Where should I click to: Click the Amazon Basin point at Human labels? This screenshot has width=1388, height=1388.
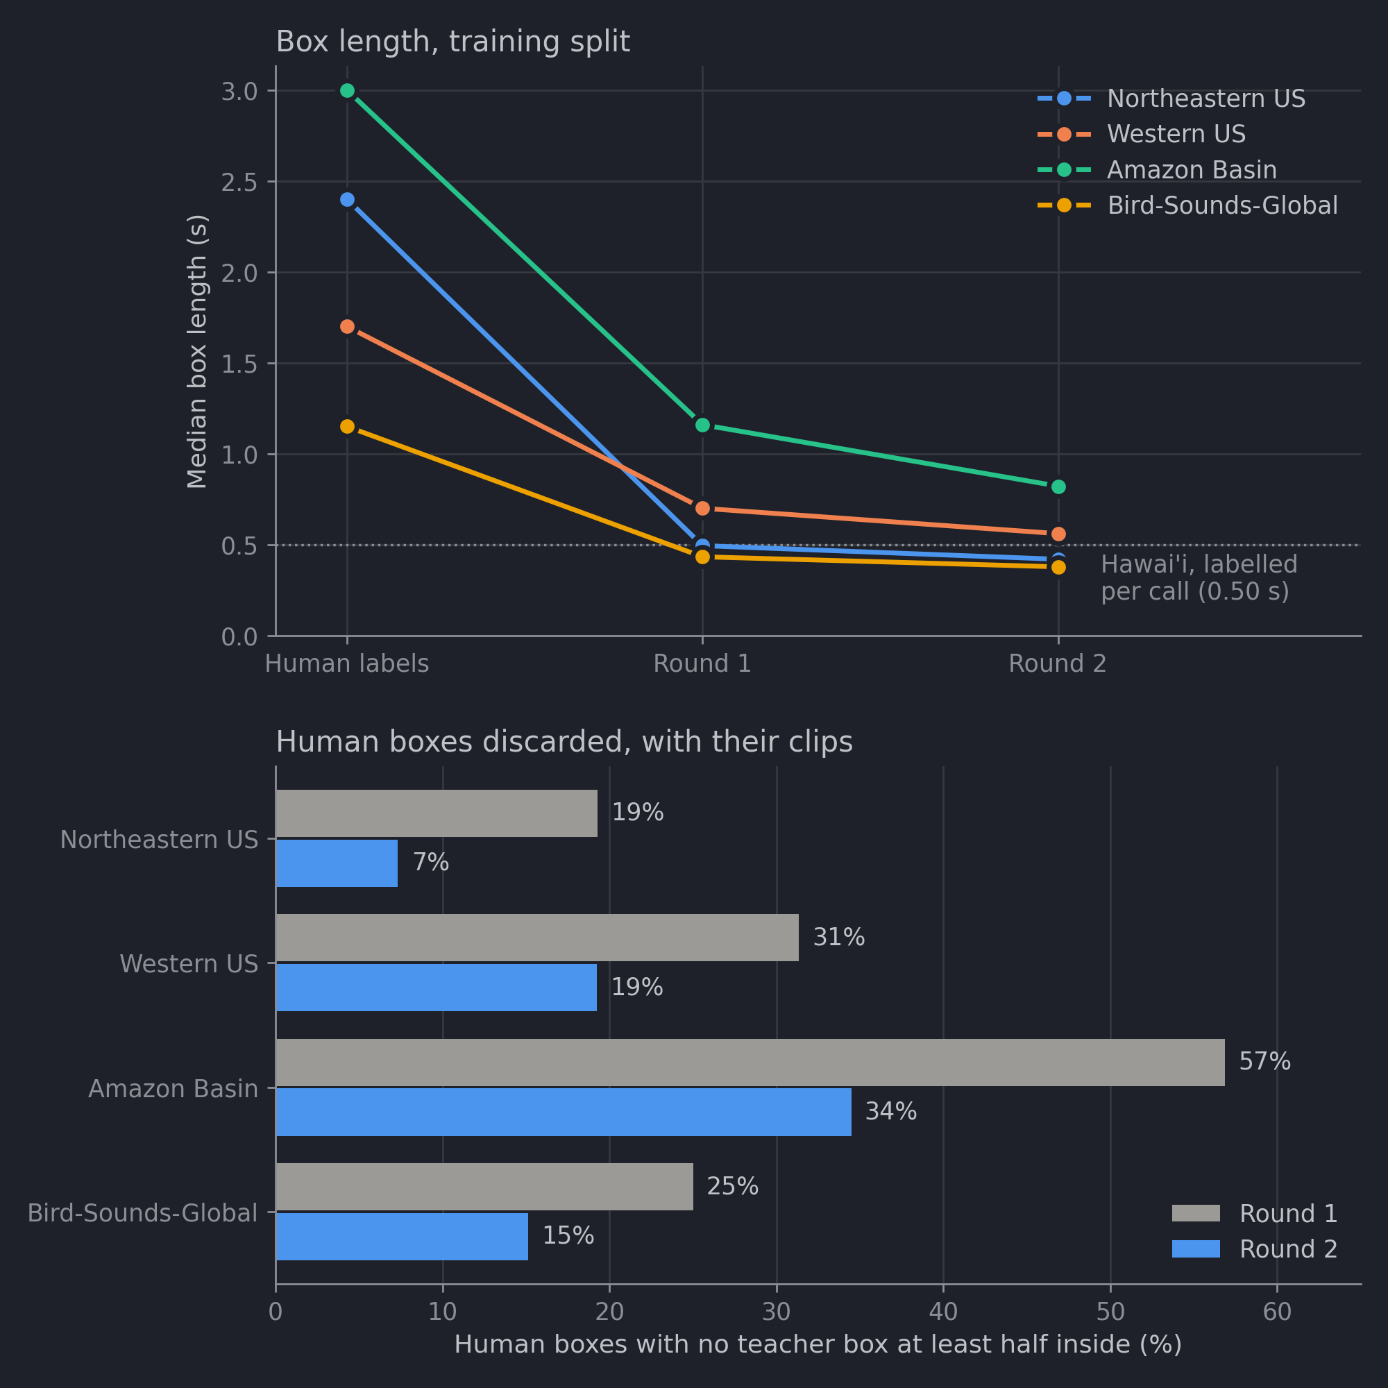coord(347,90)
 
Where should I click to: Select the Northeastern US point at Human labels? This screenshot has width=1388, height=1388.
coord(347,200)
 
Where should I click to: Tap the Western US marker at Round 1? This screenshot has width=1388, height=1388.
coord(702,508)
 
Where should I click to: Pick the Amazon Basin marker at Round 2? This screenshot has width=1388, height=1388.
coord(1058,486)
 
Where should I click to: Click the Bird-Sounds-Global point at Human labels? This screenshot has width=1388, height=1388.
coord(347,426)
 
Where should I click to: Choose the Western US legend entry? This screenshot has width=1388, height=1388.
coord(1142,134)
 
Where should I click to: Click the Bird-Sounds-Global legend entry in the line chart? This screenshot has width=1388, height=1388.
coord(1187,205)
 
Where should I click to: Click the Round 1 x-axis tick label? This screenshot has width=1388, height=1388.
coord(702,663)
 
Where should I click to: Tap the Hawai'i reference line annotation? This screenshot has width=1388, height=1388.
coord(1199,577)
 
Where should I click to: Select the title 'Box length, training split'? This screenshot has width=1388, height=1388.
coord(452,42)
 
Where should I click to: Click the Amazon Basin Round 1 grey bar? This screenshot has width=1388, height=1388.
coord(750,1063)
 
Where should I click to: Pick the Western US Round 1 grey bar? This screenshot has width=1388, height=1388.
coord(537,938)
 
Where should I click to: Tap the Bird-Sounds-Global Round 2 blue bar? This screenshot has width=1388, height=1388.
coord(402,1237)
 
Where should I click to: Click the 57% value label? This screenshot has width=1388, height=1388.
coord(1264,1062)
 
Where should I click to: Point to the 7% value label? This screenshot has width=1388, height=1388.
coord(431,862)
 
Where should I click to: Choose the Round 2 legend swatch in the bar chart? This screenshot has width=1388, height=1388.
coord(1196,1249)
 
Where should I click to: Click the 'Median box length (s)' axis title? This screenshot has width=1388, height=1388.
coord(197,351)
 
